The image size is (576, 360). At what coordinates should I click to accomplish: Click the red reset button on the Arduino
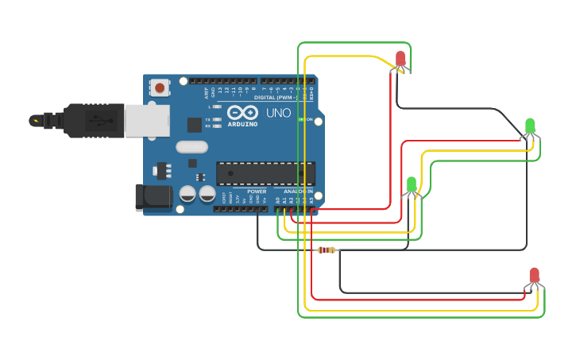coord(160,87)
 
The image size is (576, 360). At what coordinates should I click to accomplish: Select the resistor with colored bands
coord(327,250)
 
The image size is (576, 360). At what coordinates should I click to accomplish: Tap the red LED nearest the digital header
coord(400,59)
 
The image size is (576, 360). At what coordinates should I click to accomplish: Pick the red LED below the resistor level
coord(534,277)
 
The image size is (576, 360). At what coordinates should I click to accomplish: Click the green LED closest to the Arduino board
coord(411,185)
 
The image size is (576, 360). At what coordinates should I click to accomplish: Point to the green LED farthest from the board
coord(530,126)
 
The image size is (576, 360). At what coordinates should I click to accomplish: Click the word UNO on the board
coord(278,113)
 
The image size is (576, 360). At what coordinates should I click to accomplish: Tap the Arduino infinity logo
coord(242,112)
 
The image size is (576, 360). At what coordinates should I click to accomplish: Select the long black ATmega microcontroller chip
coord(265,173)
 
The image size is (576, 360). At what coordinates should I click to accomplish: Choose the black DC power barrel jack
coord(153,197)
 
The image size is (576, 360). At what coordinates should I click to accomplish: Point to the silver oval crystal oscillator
coord(191,146)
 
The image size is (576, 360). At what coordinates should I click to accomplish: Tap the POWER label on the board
coord(257,192)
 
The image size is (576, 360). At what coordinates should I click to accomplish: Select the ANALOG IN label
coord(296,192)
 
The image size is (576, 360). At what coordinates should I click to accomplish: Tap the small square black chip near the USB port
coord(194,124)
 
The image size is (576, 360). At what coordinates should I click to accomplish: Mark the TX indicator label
coord(208,119)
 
